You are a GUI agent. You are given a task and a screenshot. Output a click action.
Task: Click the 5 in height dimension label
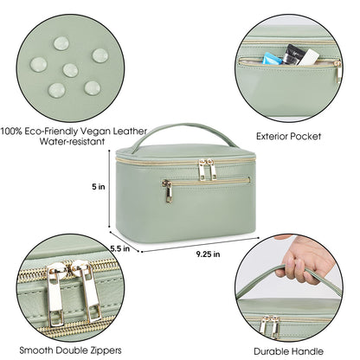tap(99, 187)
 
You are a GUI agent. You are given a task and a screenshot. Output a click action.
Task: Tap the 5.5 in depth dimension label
tap(120, 248)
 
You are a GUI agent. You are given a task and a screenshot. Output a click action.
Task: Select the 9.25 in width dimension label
tap(208, 254)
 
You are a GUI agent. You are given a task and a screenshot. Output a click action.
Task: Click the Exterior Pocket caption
tap(288, 136)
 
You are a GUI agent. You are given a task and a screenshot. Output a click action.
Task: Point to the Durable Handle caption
tap(288, 351)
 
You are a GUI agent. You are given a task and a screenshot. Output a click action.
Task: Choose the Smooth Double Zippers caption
tap(70, 350)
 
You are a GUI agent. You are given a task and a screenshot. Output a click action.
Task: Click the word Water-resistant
tap(72, 141)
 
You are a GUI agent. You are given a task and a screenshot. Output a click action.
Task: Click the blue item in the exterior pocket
tap(272, 59)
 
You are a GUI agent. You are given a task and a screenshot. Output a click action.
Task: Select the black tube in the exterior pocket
tap(292, 55)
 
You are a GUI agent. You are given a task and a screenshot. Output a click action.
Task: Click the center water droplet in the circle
tap(70, 70)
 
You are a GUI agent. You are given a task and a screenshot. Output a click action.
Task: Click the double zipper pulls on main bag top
tap(207, 170)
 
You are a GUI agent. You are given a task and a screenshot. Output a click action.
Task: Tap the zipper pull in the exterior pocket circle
tap(337, 71)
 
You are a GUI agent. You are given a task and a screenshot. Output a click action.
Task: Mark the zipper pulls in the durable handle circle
tap(270, 327)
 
